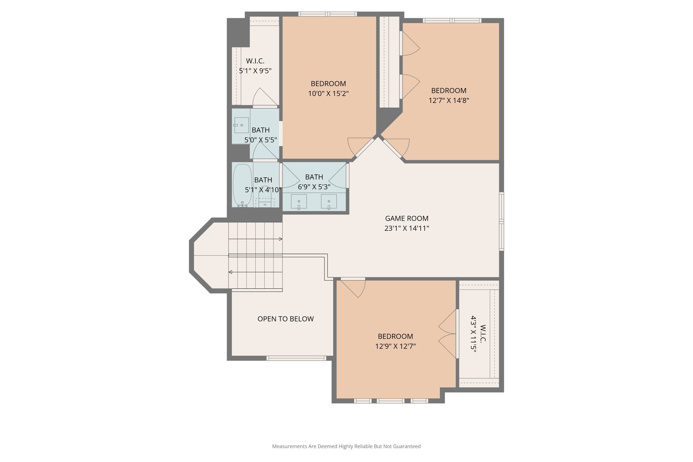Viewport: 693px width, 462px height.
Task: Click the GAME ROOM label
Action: [406, 218]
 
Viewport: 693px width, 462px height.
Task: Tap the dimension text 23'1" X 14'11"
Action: [406, 228]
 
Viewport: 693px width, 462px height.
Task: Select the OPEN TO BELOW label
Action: [286, 319]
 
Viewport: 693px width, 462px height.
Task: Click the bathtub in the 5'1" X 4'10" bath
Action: [242, 185]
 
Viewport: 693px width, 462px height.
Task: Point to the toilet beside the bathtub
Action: [265, 200]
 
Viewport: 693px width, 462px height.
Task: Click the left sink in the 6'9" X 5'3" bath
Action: [299, 201]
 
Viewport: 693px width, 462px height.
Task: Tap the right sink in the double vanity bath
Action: [329, 201]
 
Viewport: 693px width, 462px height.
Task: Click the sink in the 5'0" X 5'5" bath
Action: [241, 125]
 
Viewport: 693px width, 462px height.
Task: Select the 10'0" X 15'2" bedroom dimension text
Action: [328, 93]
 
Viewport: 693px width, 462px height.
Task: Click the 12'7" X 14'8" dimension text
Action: [449, 101]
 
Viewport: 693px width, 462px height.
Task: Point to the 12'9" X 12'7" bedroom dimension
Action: [395, 346]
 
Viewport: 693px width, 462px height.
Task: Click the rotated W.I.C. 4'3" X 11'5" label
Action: [478, 334]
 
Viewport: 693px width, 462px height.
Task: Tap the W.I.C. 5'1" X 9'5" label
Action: [255, 66]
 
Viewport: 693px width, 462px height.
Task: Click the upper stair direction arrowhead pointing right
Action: [281, 239]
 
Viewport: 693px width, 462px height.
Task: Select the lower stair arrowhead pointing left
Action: [230, 272]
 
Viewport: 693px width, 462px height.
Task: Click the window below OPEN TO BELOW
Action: [296, 358]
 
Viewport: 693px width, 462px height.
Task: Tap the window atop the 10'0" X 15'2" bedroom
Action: [328, 14]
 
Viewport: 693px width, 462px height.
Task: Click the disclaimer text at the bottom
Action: [346, 446]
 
